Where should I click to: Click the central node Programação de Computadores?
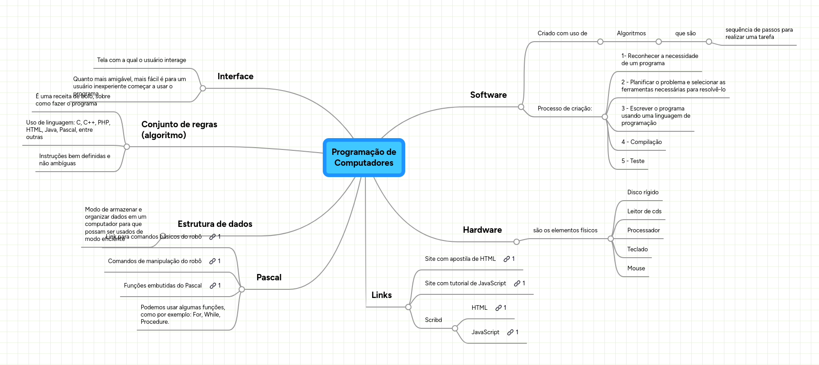pyautogui.click(x=364, y=158)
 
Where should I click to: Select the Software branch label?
pyautogui.click(x=488, y=95)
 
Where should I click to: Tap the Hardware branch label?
pyautogui.click(x=482, y=230)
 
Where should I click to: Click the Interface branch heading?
pyautogui.click(x=235, y=77)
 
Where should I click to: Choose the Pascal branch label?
pyautogui.click(x=269, y=278)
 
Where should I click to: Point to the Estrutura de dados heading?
pyautogui.click(x=215, y=224)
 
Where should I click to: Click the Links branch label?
pyautogui.click(x=381, y=295)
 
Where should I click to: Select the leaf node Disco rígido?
pyautogui.click(x=642, y=192)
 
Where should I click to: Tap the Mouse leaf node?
pyautogui.click(x=636, y=269)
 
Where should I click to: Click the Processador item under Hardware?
pyautogui.click(x=643, y=231)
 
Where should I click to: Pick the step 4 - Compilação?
pyautogui.click(x=641, y=142)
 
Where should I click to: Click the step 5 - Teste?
pyautogui.click(x=632, y=161)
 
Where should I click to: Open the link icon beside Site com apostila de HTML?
pyautogui.click(x=507, y=259)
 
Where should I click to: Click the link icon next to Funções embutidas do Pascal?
pyautogui.click(x=212, y=286)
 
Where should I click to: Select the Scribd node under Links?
pyautogui.click(x=433, y=320)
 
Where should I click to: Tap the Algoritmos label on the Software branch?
pyautogui.click(x=631, y=34)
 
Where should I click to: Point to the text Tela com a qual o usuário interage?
pyautogui.click(x=141, y=60)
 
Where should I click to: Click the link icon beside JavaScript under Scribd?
pyautogui.click(x=510, y=332)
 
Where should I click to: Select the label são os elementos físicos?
pyautogui.click(x=565, y=231)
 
